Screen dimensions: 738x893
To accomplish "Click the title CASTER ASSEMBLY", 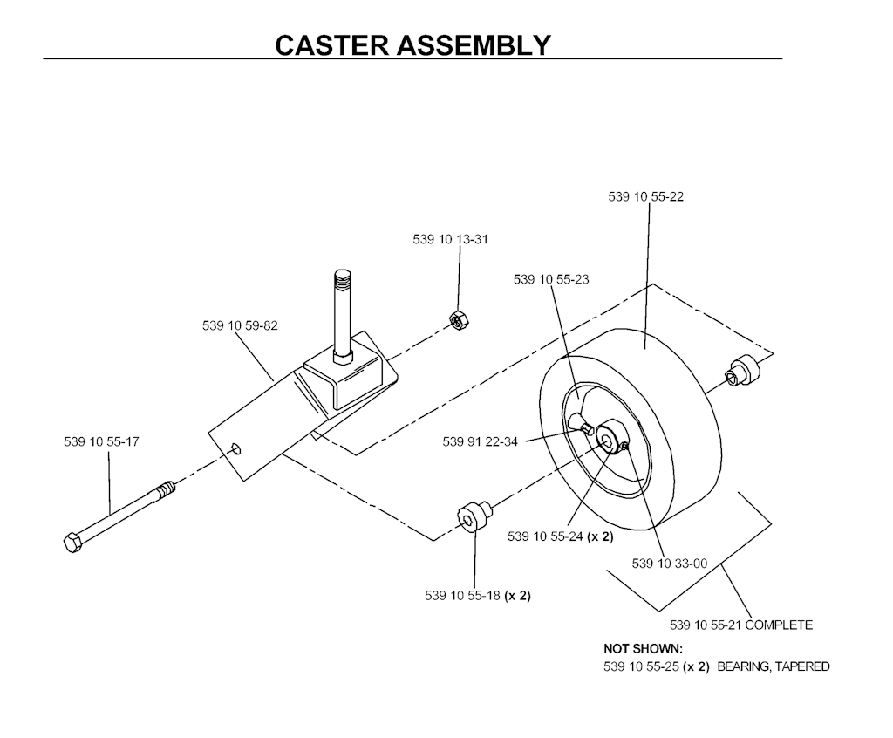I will pos(412,44).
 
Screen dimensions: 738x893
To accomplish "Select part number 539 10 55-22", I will pos(645,197).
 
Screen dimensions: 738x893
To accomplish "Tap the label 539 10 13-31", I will pos(450,240).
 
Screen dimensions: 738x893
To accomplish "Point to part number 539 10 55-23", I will pos(551,280).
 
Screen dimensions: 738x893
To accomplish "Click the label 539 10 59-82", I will pos(240,326).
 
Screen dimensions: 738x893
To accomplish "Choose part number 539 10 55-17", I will pos(101,442).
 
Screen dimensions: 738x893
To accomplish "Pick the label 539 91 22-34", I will pos(480,441).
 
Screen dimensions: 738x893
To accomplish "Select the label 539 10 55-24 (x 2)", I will pos(561,536).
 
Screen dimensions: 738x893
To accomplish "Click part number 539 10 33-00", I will pos(669,564).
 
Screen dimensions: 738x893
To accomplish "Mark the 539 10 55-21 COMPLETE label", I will pos(741,625).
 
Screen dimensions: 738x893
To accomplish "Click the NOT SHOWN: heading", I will pos(643,649).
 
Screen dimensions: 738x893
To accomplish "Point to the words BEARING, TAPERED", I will pos(773,666).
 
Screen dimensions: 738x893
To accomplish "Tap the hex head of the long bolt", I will pos(73,541).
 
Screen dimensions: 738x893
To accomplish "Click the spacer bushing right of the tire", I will pos(746,370).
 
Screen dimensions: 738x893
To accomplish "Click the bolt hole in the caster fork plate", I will pos(236,448).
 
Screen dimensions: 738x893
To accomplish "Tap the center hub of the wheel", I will pos(605,434).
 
